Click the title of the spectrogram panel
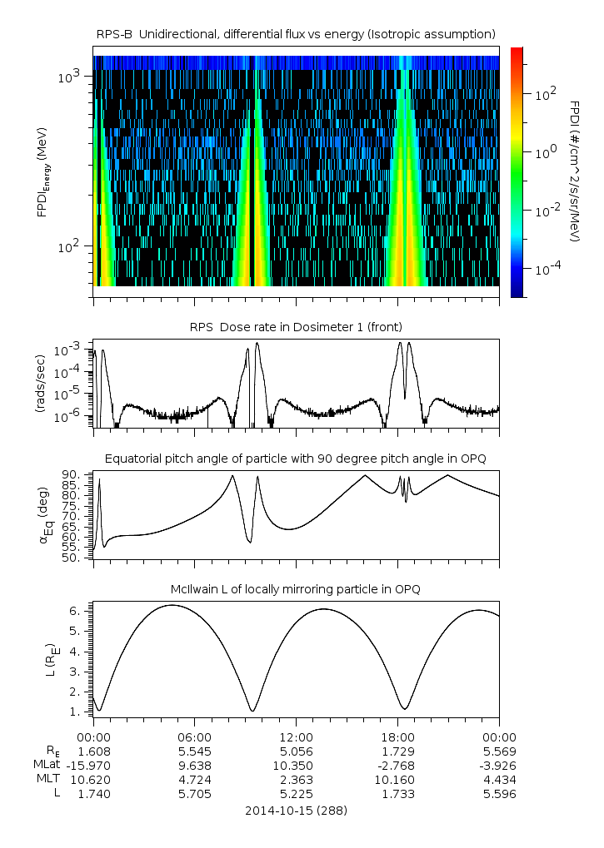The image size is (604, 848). click(x=296, y=33)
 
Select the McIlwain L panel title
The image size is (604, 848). click(x=296, y=589)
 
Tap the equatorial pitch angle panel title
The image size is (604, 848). click(x=296, y=459)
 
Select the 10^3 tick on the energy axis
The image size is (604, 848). click(x=69, y=77)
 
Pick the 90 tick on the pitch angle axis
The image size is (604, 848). click(x=70, y=475)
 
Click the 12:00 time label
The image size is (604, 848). click(x=296, y=736)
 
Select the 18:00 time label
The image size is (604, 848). click(x=397, y=736)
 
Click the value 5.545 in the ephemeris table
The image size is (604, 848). click(x=195, y=750)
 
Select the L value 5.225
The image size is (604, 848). click(x=296, y=794)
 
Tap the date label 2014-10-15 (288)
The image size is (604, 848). click(x=296, y=810)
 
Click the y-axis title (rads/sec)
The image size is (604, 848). click(x=40, y=383)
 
